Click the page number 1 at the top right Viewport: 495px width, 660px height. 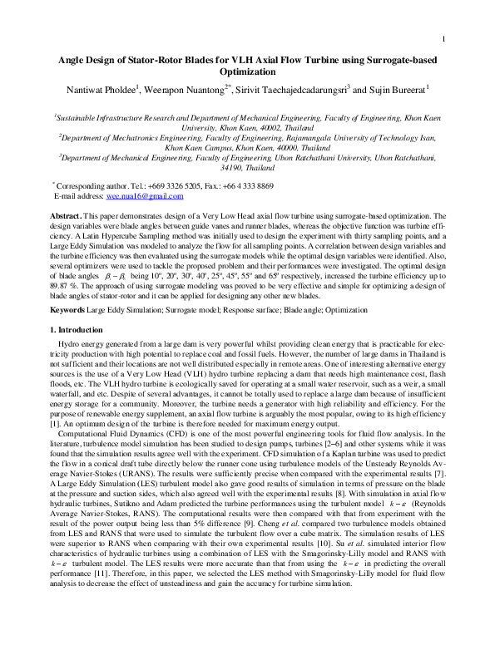[445, 39]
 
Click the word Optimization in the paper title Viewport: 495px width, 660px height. [248, 72]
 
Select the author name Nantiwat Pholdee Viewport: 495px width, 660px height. [112, 89]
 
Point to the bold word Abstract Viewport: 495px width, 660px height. [66, 215]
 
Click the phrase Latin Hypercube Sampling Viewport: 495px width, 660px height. [140, 234]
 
